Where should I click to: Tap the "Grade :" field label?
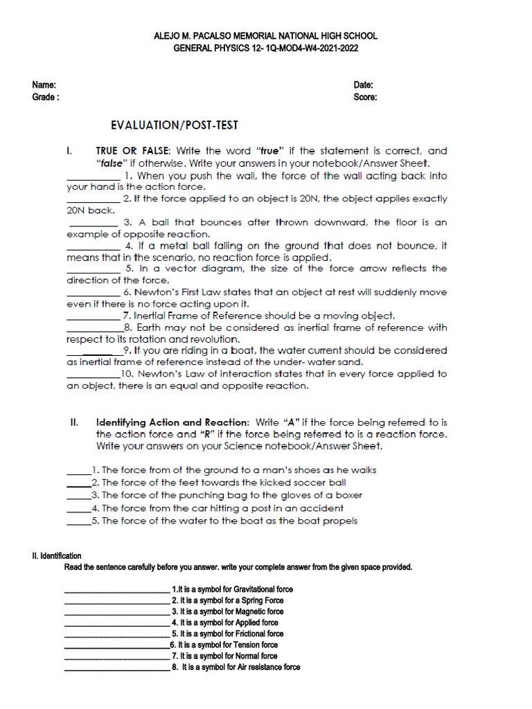(x=45, y=97)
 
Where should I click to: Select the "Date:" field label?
(x=364, y=85)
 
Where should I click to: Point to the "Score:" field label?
(x=365, y=97)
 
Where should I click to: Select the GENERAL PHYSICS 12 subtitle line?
(x=265, y=49)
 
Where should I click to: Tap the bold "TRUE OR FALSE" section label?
(x=134, y=151)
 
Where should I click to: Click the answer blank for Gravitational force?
(x=117, y=589)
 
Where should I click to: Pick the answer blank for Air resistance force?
(x=117, y=667)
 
